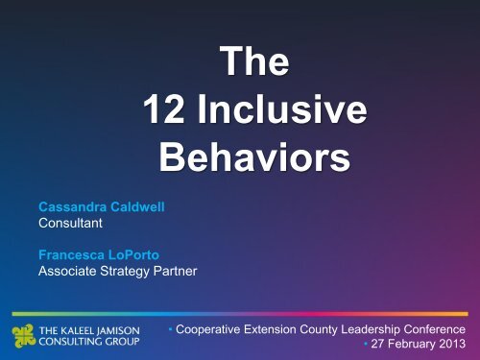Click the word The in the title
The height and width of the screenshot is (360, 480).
point(251,69)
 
